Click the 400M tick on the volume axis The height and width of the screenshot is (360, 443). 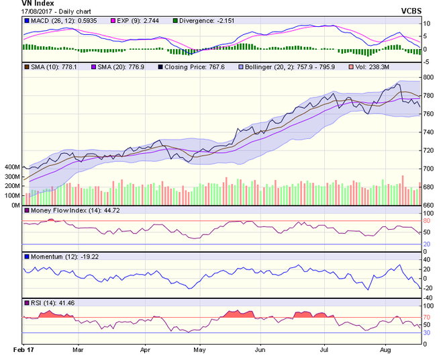click(11, 167)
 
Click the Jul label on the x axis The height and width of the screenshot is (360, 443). click(324, 350)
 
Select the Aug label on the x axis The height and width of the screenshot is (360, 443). click(386, 350)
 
